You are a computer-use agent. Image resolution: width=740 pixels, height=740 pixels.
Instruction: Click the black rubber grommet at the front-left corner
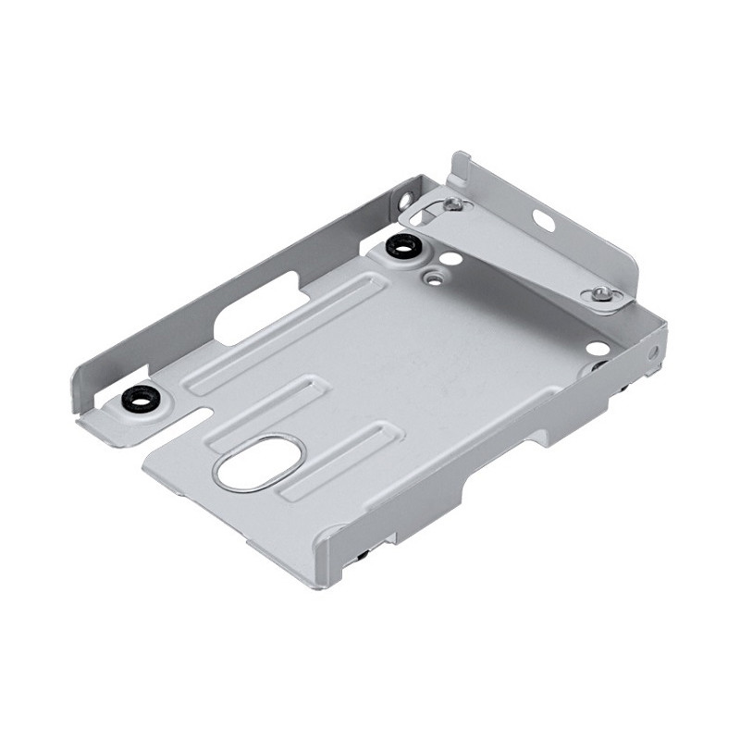click(x=142, y=400)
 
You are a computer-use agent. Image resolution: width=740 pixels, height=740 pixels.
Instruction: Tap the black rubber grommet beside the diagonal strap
click(x=402, y=246)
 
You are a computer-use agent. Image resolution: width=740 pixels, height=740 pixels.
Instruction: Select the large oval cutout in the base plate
click(x=260, y=462)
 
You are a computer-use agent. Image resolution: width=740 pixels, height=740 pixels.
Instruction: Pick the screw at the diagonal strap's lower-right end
click(x=600, y=295)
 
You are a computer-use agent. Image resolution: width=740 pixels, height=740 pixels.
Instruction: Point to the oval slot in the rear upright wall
click(x=543, y=220)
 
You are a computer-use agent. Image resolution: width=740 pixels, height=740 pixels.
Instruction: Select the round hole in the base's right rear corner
click(x=598, y=349)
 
